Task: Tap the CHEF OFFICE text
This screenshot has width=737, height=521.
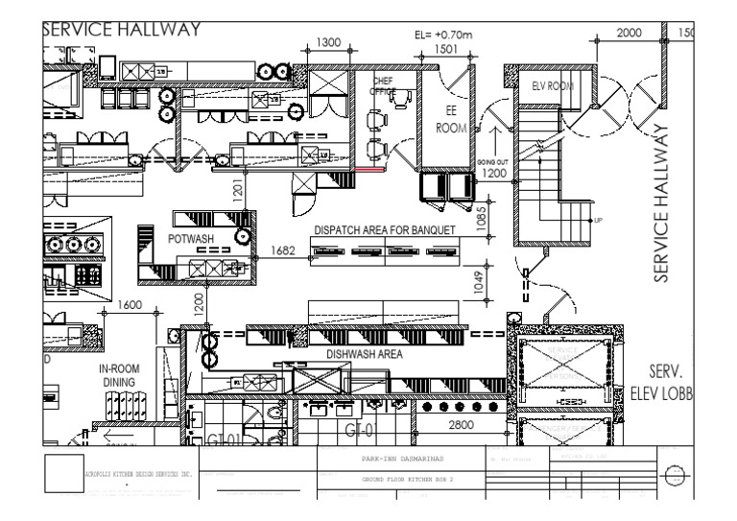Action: [383, 86]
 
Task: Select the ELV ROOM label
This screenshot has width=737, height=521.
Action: [552, 86]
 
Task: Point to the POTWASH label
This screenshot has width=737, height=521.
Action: [190, 236]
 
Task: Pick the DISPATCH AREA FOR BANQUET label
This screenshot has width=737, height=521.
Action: [384, 231]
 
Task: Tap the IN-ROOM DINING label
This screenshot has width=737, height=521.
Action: [120, 374]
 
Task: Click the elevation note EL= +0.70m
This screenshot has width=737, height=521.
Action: [444, 35]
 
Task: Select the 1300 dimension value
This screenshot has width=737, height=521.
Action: [329, 42]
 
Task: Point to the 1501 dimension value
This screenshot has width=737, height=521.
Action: [446, 48]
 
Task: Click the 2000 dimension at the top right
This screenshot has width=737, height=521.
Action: [629, 33]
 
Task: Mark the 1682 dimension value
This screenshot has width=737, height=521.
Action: [283, 251]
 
